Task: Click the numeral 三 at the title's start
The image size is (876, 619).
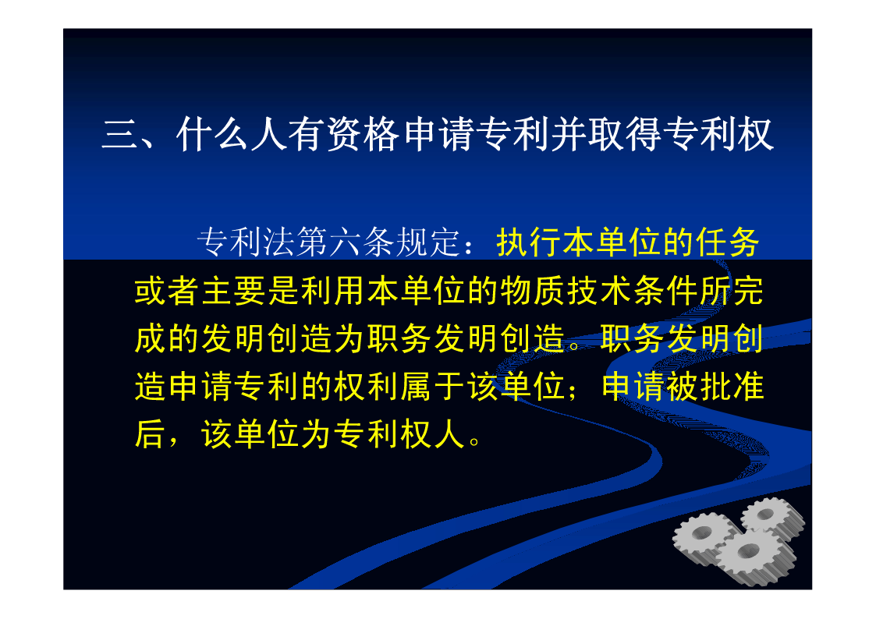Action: pos(119,136)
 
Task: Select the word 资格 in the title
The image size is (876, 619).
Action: pos(363,135)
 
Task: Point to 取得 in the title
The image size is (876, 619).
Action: pos(625,135)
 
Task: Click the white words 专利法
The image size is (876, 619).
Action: pos(246,242)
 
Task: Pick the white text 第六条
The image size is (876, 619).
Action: pos(346,242)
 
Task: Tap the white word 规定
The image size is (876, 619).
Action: pos(428,242)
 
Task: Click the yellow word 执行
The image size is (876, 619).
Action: pos(529,242)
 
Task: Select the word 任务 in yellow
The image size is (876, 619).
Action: pos(727,242)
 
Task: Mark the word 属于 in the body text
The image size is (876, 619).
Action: pos(433,386)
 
